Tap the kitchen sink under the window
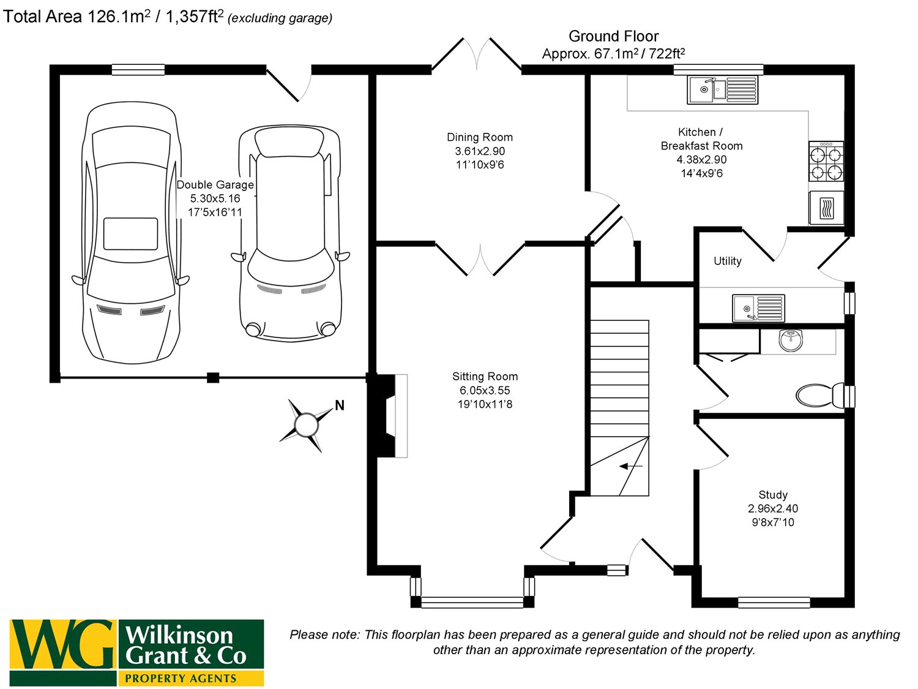(722, 90)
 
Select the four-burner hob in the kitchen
(826, 162)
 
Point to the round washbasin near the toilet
(791, 340)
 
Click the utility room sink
(758, 308)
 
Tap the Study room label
(773, 495)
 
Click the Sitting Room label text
(485, 377)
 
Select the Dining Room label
(480, 137)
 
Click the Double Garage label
(215, 185)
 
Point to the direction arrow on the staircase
(630, 467)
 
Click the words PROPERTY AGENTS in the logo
(181, 678)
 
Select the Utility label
(727, 261)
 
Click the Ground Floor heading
(613, 36)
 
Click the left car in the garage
(132, 233)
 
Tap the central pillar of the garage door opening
(213, 377)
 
